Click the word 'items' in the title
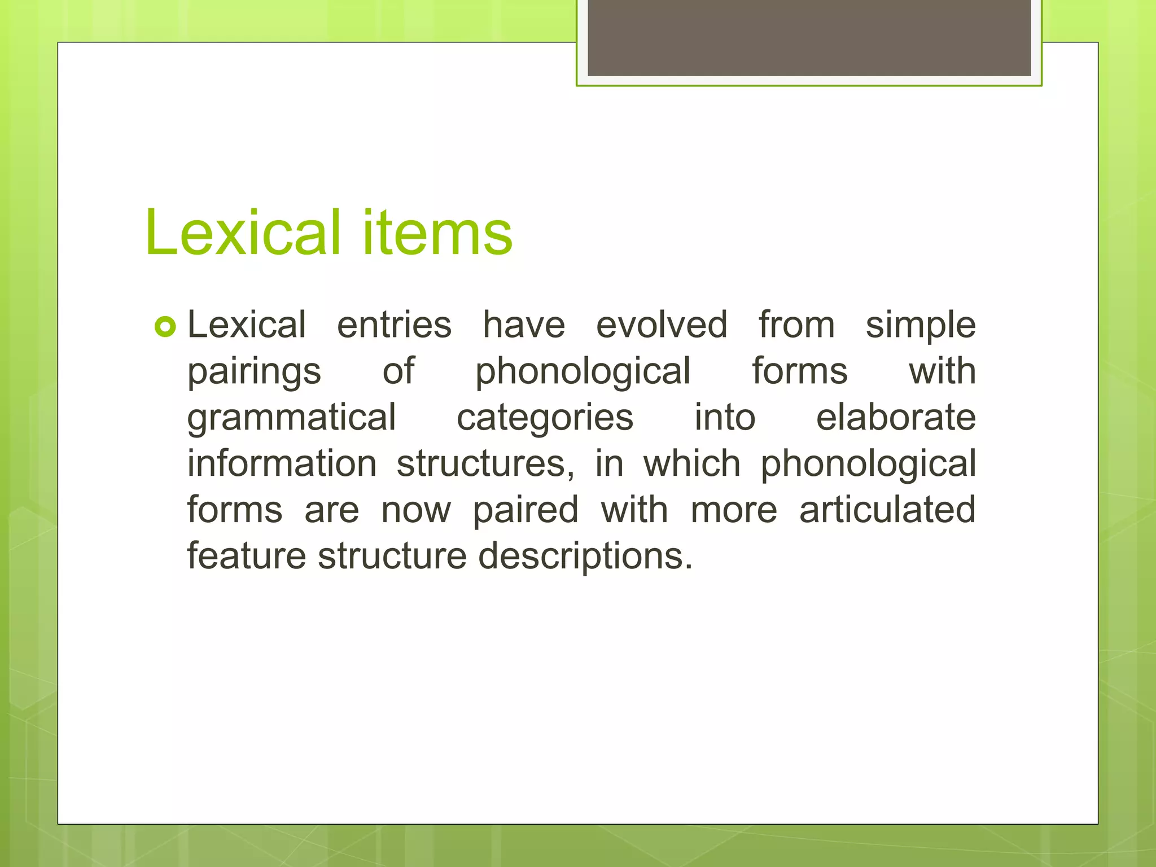(437, 233)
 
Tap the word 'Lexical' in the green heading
(243, 233)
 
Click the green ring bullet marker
(165, 327)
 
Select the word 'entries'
(394, 325)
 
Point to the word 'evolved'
(662, 325)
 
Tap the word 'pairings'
(254, 373)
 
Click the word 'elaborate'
(896, 418)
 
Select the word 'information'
(282, 464)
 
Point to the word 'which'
(692, 464)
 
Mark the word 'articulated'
(887, 510)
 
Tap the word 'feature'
(247, 556)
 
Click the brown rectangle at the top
(809, 37)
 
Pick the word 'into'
(725, 418)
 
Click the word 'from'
(796, 325)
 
